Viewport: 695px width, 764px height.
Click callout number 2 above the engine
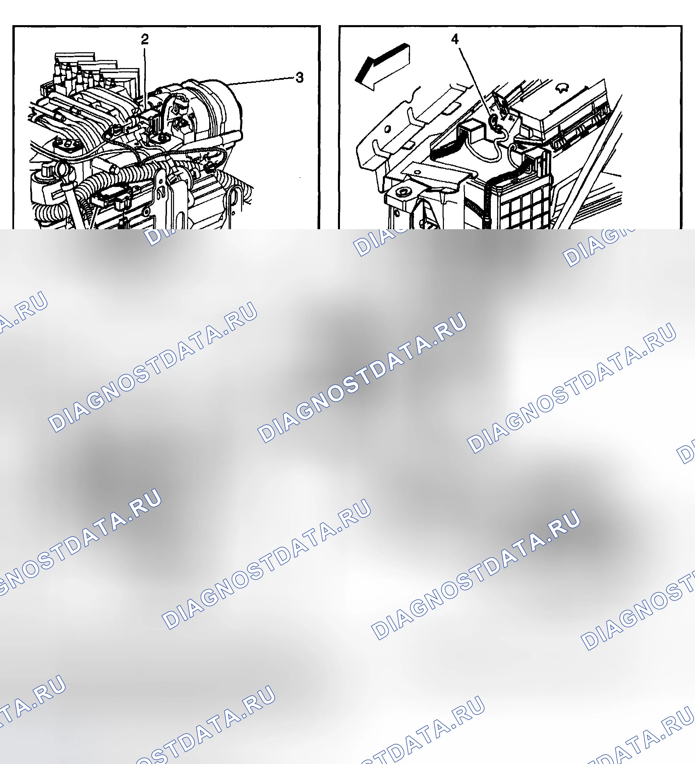pos(144,39)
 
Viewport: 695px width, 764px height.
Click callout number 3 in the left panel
pos(299,77)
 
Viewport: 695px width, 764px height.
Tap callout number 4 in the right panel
pos(455,39)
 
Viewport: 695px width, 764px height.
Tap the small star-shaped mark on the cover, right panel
pos(562,88)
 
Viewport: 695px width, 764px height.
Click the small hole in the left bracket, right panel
pos(388,129)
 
